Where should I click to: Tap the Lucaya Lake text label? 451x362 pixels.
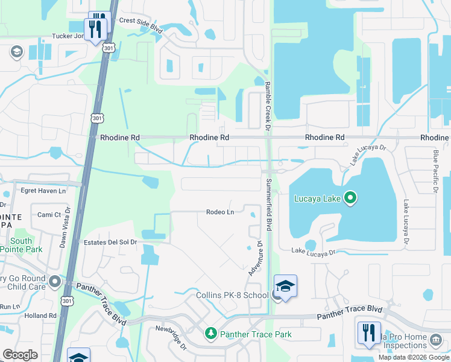tap(318, 198)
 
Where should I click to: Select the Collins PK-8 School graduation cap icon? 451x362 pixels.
tap(285, 285)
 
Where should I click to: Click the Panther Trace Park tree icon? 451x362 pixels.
tap(210, 333)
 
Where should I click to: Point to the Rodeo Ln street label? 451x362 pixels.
tap(219, 212)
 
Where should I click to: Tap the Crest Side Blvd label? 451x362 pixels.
tap(141, 20)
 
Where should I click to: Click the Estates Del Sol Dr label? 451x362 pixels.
tap(110, 242)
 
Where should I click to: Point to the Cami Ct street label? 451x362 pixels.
tap(49, 215)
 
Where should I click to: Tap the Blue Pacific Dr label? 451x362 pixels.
tap(435, 172)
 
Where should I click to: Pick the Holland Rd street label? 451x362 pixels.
tap(40, 316)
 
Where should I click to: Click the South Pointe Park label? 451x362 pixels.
tap(22, 244)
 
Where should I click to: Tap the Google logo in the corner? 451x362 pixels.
tap(20, 355)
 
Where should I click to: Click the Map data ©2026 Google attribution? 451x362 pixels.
tap(414, 357)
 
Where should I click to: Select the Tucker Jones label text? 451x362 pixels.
tap(71, 36)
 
